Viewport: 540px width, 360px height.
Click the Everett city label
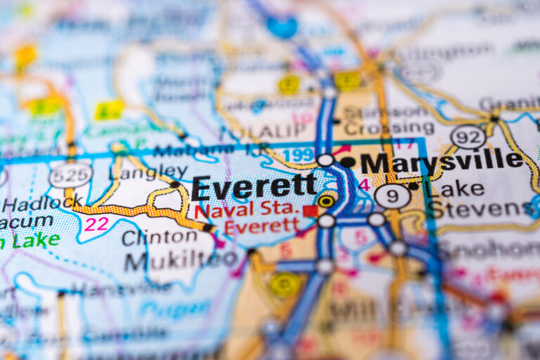(x=254, y=188)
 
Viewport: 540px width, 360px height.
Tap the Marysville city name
(x=442, y=161)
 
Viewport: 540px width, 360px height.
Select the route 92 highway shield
(x=468, y=136)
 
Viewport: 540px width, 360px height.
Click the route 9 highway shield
(x=392, y=196)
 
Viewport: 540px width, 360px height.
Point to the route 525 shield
(x=70, y=175)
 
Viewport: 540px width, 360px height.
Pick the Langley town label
(x=148, y=172)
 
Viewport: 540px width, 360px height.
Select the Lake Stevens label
(x=478, y=200)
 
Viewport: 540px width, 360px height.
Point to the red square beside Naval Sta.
(x=309, y=211)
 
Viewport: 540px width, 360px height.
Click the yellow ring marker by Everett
(x=326, y=201)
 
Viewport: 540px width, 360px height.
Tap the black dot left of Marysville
(x=348, y=162)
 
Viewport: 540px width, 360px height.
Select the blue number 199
(x=297, y=155)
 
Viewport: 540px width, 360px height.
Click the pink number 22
(x=96, y=224)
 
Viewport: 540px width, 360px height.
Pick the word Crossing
(x=389, y=129)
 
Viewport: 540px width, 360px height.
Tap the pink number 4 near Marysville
(x=364, y=185)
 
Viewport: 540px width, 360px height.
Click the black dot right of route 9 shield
(x=414, y=187)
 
